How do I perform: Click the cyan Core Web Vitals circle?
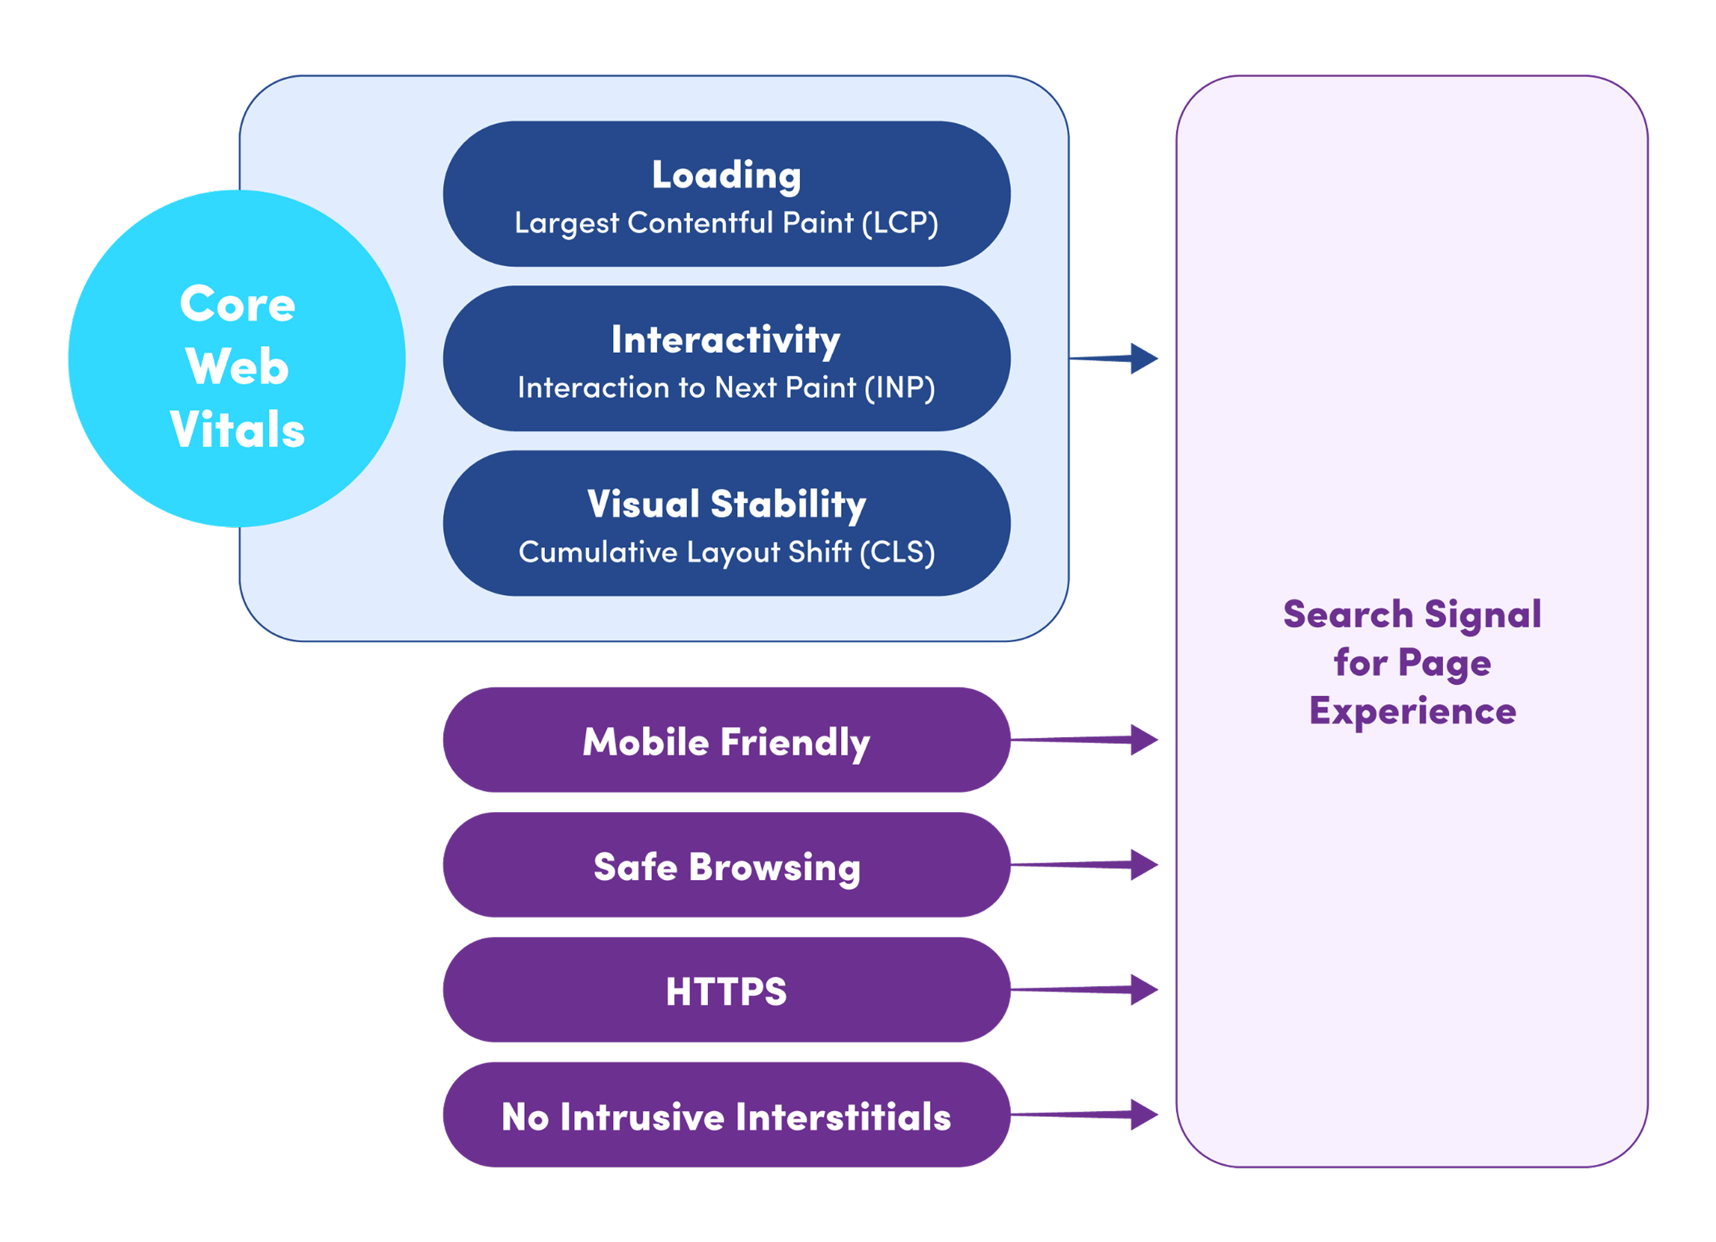click(x=237, y=359)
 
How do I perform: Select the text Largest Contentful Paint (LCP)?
click(x=727, y=223)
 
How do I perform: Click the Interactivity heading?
click(x=726, y=340)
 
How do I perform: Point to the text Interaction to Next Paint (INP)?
click(x=727, y=388)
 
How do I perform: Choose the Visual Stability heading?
click(x=727, y=505)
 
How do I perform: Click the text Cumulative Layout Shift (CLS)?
click(x=727, y=553)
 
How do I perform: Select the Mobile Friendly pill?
click(x=727, y=740)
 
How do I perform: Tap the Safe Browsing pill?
click(x=727, y=865)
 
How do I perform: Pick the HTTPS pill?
click(x=727, y=990)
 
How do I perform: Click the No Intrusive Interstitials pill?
click(x=727, y=1115)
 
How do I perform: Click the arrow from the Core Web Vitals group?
click(x=1113, y=359)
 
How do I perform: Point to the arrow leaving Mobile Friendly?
click(x=1085, y=740)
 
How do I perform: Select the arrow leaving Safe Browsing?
click(x=1085, y=865)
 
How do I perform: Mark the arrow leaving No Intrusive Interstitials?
click(x=1085, y=1115)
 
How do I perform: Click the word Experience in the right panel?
click(x=1412, y=712)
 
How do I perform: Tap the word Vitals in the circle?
click(x=237, y=429)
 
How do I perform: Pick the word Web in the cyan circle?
click(x=237, y=366)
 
